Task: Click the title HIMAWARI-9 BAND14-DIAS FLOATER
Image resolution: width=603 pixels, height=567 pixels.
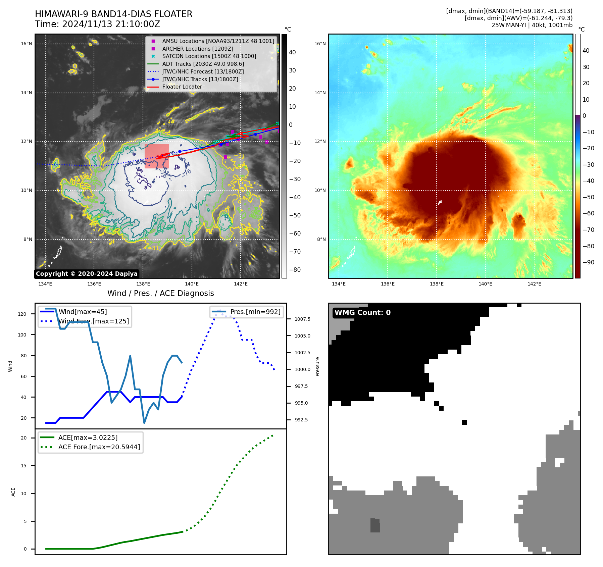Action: tap(113, 14)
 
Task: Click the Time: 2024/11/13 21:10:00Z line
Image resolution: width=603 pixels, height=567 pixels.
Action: tap(97, 24)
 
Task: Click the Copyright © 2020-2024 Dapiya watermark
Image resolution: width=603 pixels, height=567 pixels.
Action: tap(87, 274)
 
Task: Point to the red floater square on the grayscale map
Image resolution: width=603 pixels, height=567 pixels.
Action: tap(157, 156)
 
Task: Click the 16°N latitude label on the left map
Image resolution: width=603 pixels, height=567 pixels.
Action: tap(27, 44)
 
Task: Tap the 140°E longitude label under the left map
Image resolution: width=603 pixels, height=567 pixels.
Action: tap(192, 284)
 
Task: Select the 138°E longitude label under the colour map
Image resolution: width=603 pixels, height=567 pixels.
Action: tap(437, 284)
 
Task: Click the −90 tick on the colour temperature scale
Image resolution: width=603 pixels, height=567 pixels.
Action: tap(588, 262)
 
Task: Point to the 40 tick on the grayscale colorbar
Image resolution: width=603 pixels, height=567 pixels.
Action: tap(292, 52)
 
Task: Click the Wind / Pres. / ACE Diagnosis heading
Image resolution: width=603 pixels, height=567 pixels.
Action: tap(160, 293)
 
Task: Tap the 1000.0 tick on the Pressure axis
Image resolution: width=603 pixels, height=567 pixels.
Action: tap(302, 369)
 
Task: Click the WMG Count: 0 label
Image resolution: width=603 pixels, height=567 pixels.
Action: tap(362, 313)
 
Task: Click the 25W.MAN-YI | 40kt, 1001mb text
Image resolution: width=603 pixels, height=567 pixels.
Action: tap(532, 25)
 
